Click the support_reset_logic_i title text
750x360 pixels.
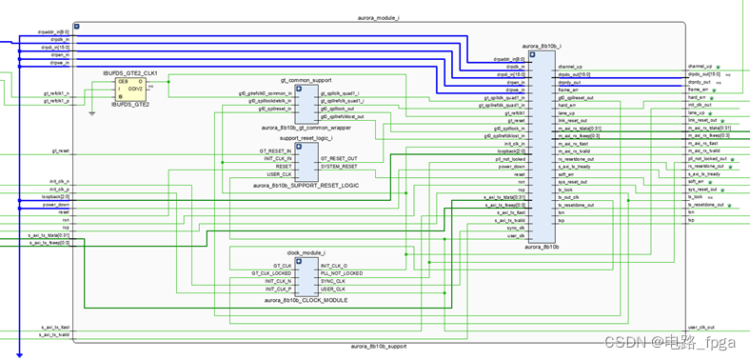coord(306,139)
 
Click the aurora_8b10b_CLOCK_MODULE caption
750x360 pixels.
coord(306,300)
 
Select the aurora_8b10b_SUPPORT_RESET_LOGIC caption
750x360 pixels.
coord(306,185)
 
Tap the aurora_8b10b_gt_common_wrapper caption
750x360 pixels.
coord(306,127)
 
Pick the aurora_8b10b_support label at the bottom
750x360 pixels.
coord(378,347)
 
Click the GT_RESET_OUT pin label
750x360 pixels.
coord(338,158)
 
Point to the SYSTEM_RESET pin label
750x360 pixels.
coord(338,166)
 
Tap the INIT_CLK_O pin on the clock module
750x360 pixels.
coord(333,266)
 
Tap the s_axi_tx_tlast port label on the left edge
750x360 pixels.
coord(54,327)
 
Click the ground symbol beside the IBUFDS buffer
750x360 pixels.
coord(91,112)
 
